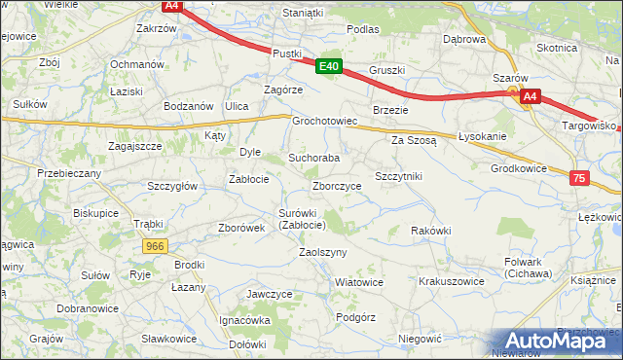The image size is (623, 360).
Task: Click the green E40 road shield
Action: pos(329,66)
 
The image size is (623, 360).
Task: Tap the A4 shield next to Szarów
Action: pos(530,96)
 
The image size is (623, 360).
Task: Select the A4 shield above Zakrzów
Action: pos(171,6)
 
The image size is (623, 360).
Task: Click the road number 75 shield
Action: pos(579,178)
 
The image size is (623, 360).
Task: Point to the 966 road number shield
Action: pos(154,247)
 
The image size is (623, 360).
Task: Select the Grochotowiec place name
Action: pos(326,122)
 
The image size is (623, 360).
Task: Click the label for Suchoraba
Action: pos(313,157)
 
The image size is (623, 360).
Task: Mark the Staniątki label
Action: pos(302,13)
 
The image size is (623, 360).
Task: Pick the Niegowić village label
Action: pos(421,339)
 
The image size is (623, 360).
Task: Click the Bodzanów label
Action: pos(188,105)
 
